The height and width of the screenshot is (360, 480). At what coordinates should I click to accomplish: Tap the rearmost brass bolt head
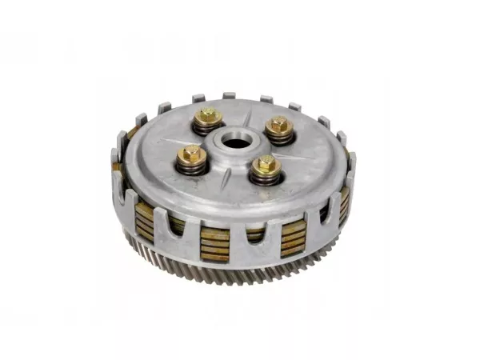click(209, 116)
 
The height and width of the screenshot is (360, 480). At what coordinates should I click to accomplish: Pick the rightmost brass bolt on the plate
click(278, 125)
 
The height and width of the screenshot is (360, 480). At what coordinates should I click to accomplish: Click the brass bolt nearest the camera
click(265, 165)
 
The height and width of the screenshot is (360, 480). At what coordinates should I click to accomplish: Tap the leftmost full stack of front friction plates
click(145, 219)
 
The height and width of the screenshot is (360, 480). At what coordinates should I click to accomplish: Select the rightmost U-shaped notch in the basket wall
click(324, 210)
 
